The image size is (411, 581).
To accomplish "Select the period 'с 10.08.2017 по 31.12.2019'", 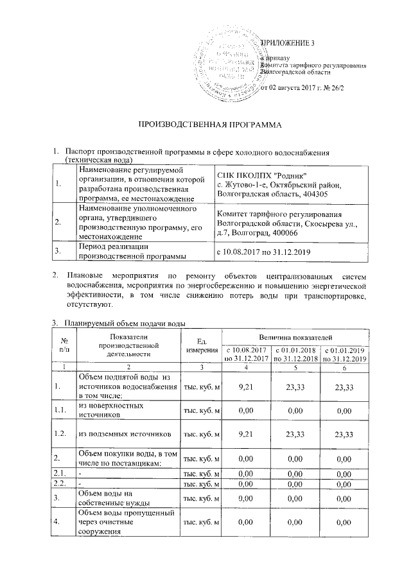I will coord(265,251).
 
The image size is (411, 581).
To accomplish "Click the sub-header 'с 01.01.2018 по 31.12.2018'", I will coord(295,354).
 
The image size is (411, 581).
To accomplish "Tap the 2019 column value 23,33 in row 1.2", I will coord(344,433).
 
